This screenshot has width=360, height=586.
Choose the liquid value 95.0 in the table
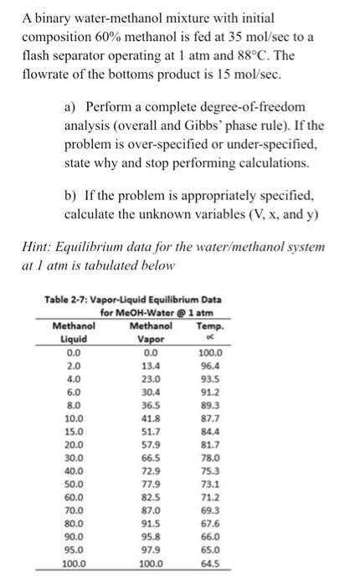(74, 553)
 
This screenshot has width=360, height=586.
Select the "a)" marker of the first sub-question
(72, 108)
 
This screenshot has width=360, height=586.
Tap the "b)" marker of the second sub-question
(72, 196)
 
